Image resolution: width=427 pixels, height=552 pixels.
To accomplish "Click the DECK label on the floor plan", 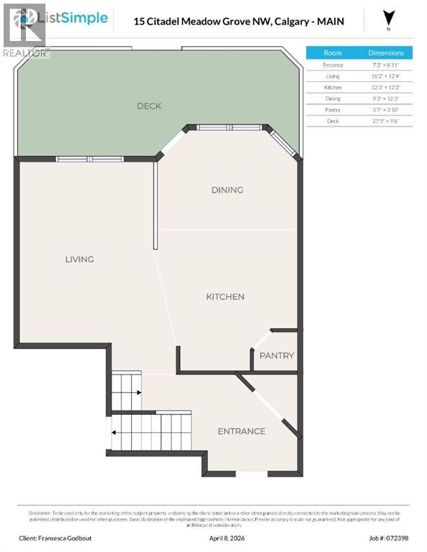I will pyautogui.click(x=149, y=106).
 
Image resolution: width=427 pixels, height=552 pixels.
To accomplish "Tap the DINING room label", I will pyautogui.click(x=227, y=190).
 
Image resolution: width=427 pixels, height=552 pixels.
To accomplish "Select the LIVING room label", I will pyautogui.click(x=79, y=259).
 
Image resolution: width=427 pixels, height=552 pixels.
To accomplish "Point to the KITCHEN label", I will pyautogui.click(x=225, y=296).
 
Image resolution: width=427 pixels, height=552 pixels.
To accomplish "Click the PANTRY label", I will pyautogui.click(x=277, y=356).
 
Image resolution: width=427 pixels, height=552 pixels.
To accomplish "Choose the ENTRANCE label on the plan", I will pyautogui.click(x=241, y=431).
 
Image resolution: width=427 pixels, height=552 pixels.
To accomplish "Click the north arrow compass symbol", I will pyautogui.click(x=390, y=18).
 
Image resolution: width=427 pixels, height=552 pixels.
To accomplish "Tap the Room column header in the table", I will pyautogui.click(x=333, y=53).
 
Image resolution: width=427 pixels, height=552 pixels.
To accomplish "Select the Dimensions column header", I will pyautogui.click(x=386, y=53).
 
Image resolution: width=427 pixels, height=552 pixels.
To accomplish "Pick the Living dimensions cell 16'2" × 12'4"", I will pyautogui.click(x=386, y=76).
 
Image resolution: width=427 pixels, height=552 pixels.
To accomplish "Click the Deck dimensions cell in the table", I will pyautogui.click(x=386, y=121).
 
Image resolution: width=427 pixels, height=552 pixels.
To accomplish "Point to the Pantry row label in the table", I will pyautogui.click(x=333, y=110).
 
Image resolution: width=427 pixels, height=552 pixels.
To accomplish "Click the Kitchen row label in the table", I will pyautogui.click(x=333, y=88).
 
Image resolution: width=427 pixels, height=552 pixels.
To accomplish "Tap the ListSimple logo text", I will pyautogui.click(x=77, y=18).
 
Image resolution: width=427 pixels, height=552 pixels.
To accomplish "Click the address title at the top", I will pyautogui.click(x=239, y=22).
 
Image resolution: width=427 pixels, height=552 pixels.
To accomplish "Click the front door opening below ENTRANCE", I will pyautogui.click(x=251, y=474).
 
